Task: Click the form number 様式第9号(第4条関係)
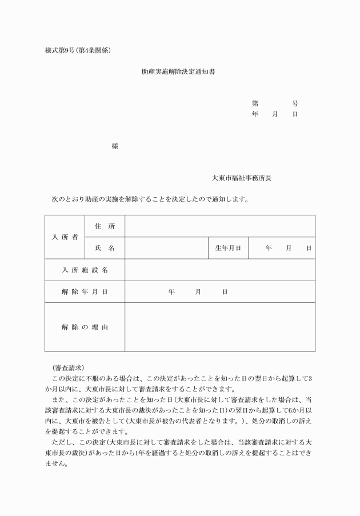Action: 77,50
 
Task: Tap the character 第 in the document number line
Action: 255,103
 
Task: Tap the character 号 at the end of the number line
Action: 295,103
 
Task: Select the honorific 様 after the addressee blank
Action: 115,146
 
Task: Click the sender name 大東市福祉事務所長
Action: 241,178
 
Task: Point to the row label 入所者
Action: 65,237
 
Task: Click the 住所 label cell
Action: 105,226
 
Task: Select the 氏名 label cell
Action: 105,248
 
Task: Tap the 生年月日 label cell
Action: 227,248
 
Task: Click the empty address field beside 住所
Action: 219,226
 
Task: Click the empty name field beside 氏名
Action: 166,248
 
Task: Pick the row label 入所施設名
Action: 85,270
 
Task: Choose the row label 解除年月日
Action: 85,292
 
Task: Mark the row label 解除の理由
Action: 85,327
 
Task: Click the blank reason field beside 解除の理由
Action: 219,327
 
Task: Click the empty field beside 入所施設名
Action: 219,270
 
